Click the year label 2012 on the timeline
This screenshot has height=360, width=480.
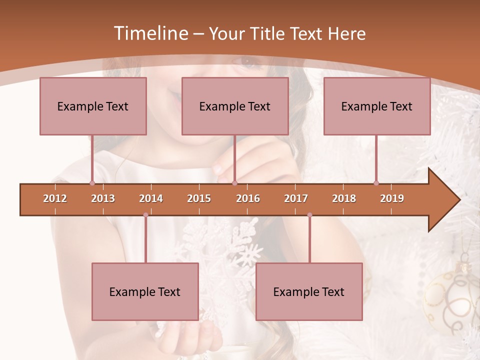(55, 198)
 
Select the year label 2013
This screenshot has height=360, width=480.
(103, 198)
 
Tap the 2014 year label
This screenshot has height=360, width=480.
(151, 198)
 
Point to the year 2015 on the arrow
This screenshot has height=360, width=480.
(199, 198)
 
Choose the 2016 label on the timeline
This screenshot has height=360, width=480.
(248, 198)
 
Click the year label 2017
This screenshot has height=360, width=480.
(296, 198)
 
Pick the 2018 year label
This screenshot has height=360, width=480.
(344, 198)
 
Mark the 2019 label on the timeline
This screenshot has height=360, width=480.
(392, 198)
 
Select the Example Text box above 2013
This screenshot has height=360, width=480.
(93, 106)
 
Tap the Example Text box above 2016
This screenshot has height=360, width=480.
(235, 106)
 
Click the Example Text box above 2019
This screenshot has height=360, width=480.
(377, 106)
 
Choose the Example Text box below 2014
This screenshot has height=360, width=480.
(145, 291)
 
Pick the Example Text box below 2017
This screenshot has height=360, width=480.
(309, 291)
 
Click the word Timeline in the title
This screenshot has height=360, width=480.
(150, 33)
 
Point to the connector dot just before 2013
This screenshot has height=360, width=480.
(92, 183)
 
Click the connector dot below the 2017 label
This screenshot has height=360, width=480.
(309, 215)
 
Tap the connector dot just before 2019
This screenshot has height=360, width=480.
(376, 183)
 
